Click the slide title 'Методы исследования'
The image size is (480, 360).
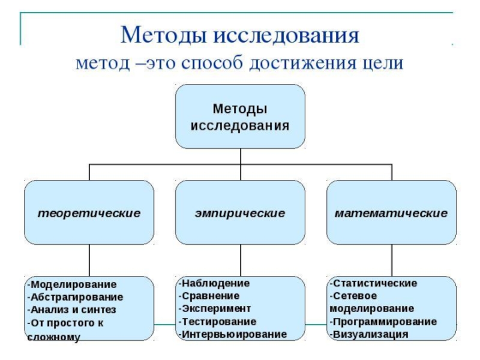239,35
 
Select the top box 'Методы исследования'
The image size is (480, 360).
240,116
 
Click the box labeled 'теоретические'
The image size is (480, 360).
89,213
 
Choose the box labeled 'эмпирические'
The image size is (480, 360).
240,213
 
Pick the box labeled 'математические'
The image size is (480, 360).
391,213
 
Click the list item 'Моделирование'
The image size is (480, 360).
73,284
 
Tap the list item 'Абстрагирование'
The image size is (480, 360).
76,297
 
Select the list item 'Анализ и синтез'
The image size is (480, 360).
73,310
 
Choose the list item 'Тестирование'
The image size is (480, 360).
218,321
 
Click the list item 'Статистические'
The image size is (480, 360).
374,283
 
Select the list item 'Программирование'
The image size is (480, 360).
384,321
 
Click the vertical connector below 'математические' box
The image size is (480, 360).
392,260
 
